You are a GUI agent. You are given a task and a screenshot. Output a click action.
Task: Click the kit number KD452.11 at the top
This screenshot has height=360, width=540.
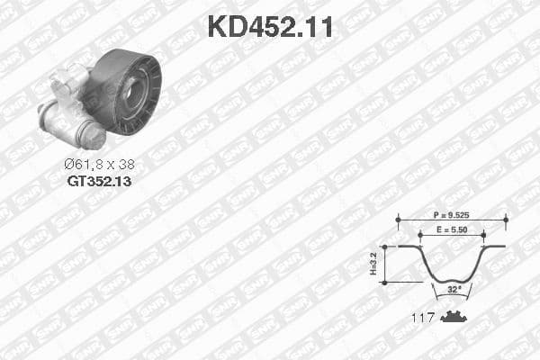(x=270, y=26)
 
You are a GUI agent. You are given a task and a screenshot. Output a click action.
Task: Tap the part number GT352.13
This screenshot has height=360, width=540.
(x=99, y=180)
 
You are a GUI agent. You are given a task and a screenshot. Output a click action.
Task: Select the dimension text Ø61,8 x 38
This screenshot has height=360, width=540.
(x=99, y=165)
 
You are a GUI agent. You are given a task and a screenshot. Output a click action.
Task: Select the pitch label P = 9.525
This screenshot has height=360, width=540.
(x=452, y=217)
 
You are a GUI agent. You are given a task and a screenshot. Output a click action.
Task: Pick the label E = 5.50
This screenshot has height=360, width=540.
(x=452, y=231)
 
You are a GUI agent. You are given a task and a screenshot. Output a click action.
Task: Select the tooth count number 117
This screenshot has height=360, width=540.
(x=423, y=317)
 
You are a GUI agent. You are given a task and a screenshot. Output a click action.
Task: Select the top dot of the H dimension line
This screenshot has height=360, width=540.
(x=384, y=247)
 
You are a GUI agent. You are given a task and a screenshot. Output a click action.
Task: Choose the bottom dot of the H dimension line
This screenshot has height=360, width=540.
(x=384, y=282)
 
